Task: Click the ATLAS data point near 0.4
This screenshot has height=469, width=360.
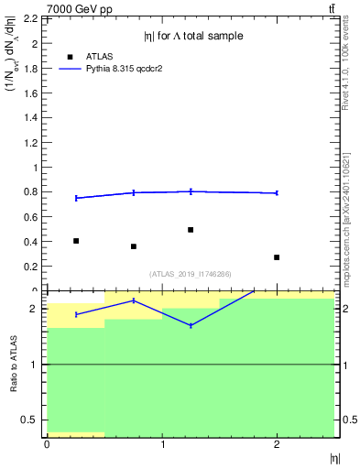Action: coord(76,241)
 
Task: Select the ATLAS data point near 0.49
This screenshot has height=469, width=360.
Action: coord(191,230)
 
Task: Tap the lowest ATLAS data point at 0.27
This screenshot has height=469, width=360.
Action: coord(277,257)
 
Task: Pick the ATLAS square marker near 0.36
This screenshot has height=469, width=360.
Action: coord(134,246)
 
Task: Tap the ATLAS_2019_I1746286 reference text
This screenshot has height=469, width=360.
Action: coord(191,274)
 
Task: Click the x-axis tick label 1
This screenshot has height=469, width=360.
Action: coord(162,444)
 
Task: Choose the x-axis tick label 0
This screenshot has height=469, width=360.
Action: coord(47,444)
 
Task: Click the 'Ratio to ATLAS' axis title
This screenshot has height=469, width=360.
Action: coord(13,364)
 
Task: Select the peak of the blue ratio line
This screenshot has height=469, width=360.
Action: coord(134,300)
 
